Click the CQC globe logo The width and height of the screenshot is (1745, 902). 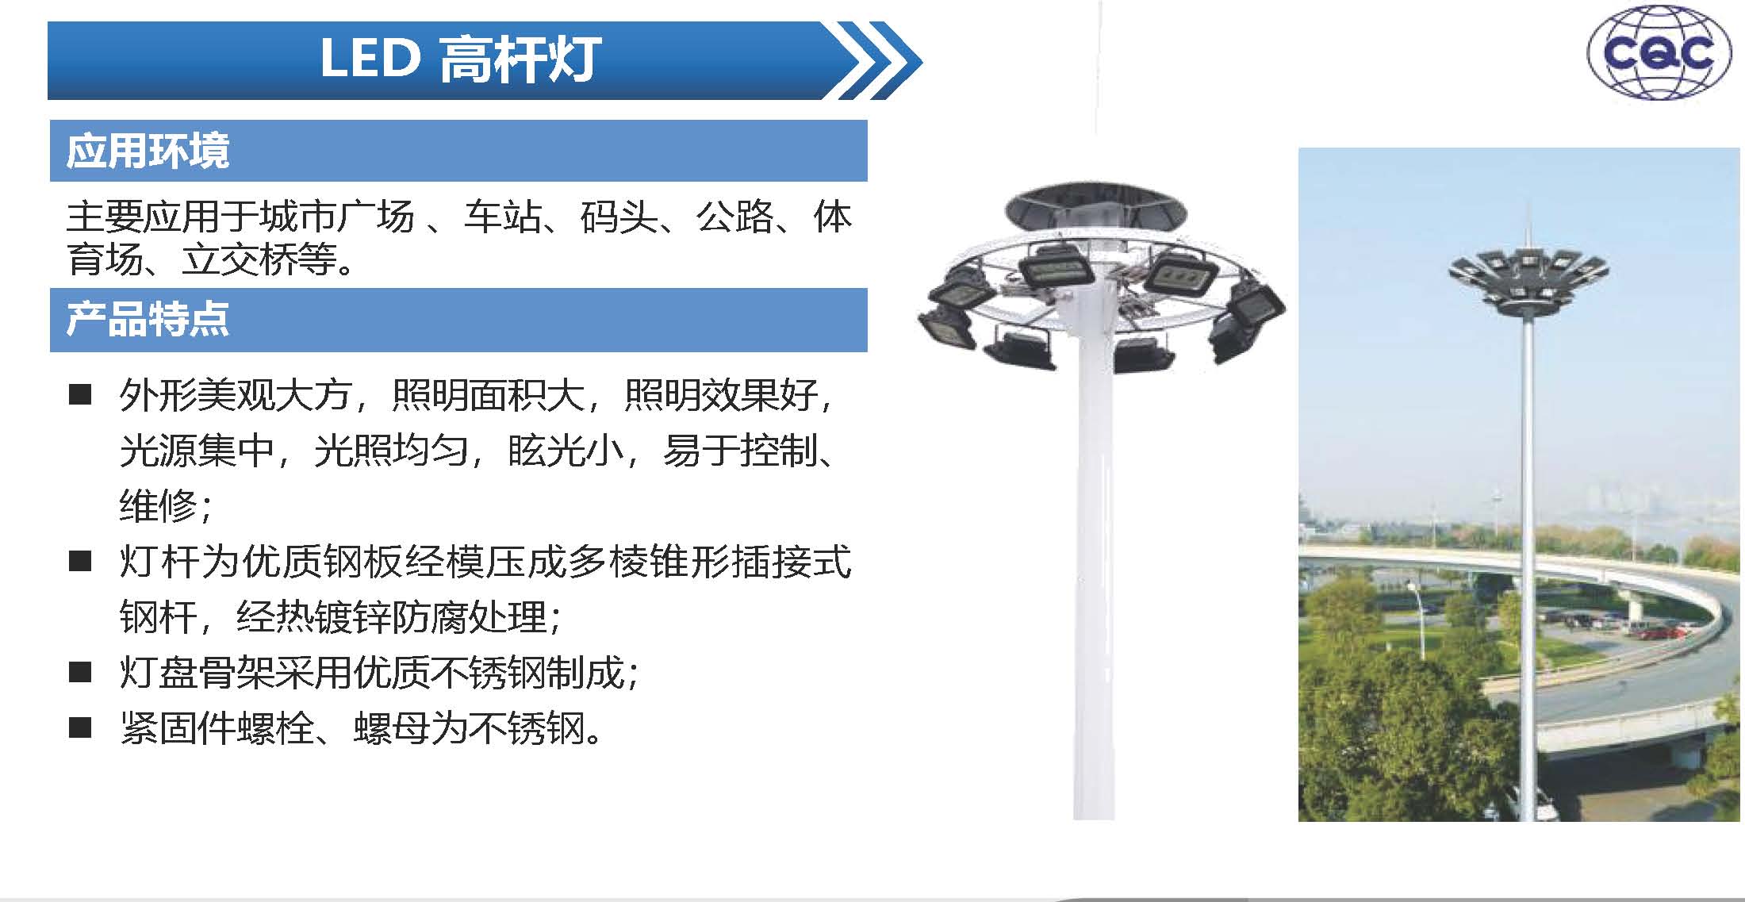(1660, 52)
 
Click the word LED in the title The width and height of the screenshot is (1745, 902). (370, 58)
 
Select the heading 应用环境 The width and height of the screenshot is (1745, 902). (148, 151)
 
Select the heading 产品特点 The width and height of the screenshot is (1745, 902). (148, 320)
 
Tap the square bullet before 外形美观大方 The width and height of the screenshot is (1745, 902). (80, 394)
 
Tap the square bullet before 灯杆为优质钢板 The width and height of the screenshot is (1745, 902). (80, 561)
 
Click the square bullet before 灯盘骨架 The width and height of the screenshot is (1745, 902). (80, 672)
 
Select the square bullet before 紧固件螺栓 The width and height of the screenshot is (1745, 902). (80, 727)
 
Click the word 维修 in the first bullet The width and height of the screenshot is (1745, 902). (158, 505)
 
